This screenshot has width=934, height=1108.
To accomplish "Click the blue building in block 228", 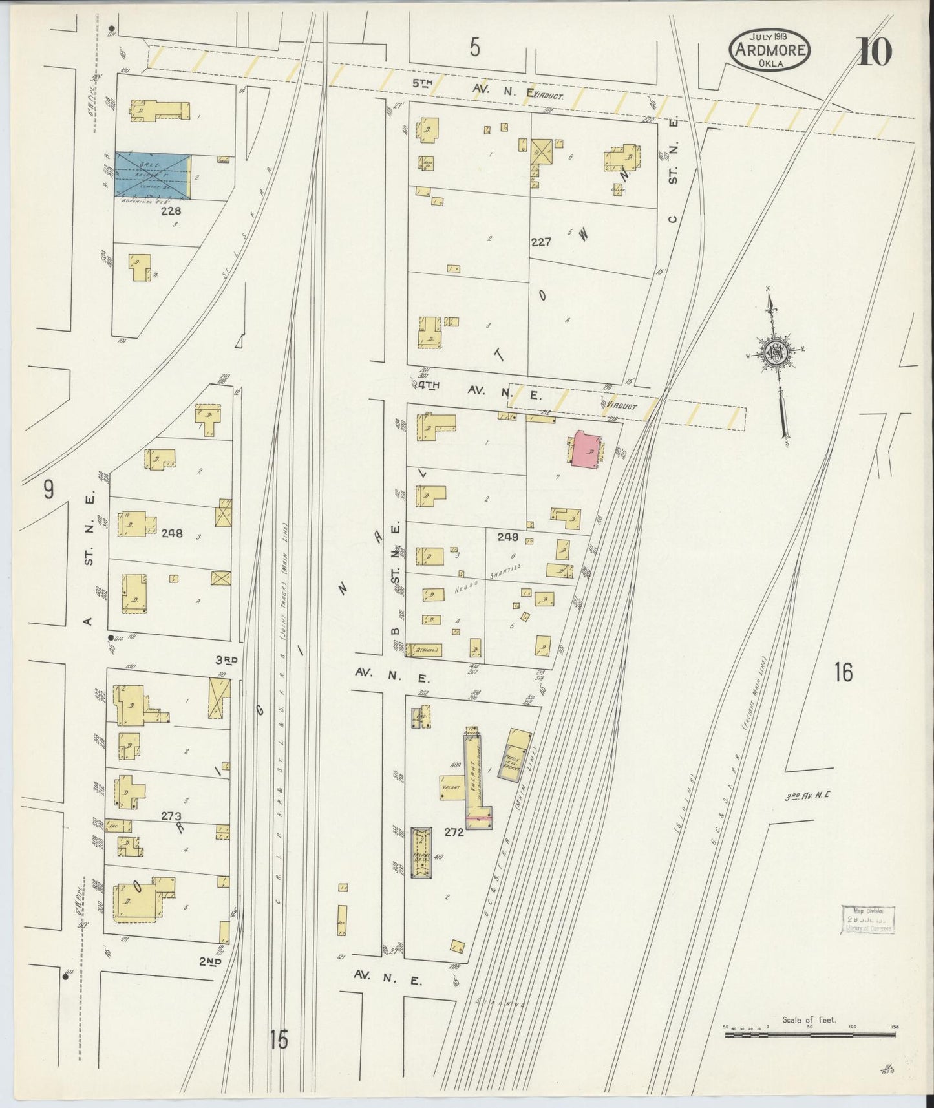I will coord(153,175).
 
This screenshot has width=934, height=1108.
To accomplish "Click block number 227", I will coord(540,242).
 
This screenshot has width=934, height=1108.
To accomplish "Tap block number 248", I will coord(172,533).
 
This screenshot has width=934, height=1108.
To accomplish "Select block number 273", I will coord(171,816).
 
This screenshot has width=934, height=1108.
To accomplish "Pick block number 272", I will coord(454,833).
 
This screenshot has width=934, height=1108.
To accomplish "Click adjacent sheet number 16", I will coord(843,673).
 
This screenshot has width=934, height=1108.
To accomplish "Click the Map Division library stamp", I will coord(867,919).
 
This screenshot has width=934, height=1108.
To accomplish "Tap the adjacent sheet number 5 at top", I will coord(475,48).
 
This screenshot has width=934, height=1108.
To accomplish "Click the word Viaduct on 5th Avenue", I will coord(549,96).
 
